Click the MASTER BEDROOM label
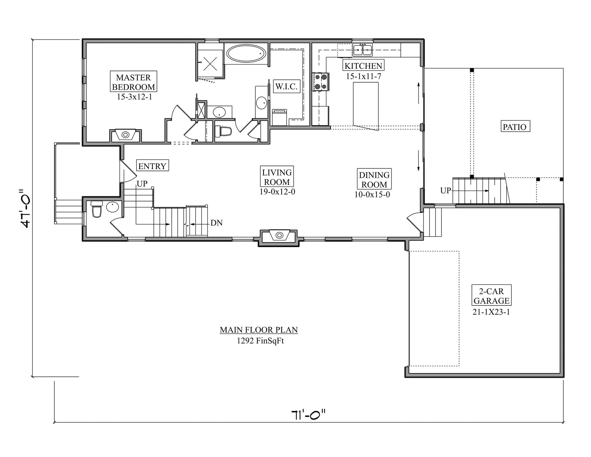(133, 82)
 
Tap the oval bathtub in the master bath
(246, 54)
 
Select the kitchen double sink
(362, 49)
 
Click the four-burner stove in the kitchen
(321, 82)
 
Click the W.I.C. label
(286, 86)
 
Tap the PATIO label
(514, 127)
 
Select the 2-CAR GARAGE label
(491, 296)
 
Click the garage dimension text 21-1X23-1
(491, 312)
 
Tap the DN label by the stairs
(216, 223)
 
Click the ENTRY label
(152, 166)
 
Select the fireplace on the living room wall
(279, 235)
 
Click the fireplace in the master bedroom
(125, 135)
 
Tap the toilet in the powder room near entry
(97, 209)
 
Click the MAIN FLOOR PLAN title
(259, 330)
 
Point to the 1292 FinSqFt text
(260, 341)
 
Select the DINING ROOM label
(374, 180)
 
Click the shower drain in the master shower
(210, 64)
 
